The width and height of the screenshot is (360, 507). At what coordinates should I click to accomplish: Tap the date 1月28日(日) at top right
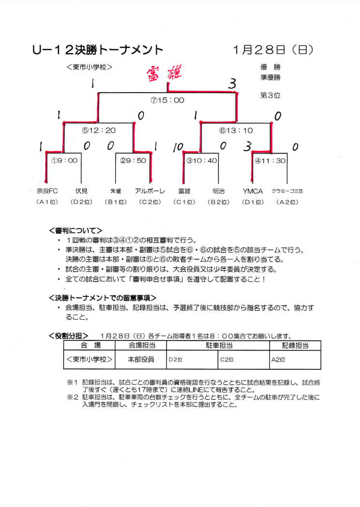tap(273, 50)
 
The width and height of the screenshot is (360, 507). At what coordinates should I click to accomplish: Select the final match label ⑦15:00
tap(168, 100)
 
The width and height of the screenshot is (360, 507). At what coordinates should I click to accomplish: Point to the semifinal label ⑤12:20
tap(99, 130)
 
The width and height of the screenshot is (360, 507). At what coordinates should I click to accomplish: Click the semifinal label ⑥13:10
tap(236, 130)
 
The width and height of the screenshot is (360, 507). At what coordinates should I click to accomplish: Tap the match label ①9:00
tap(64, 161)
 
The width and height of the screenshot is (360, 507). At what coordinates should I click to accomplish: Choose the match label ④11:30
tap(270, 161)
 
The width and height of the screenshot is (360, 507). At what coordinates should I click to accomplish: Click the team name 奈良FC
tap(47, 191)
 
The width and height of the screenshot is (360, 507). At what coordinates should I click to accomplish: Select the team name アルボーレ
tap(150, 191)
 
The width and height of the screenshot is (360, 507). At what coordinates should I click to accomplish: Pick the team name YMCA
tap(253, 191)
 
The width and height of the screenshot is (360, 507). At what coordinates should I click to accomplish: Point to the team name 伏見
tap(81, 191)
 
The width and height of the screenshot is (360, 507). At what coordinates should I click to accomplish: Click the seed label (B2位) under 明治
tap(218, 202)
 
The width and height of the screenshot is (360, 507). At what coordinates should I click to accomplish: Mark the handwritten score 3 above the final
tap(233, 85)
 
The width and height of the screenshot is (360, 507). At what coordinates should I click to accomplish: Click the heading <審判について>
tap(75, 230)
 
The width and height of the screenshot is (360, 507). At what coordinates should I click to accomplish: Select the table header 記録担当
tap(295, 345)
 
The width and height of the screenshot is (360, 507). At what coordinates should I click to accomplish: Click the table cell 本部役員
tap(141, 360)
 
